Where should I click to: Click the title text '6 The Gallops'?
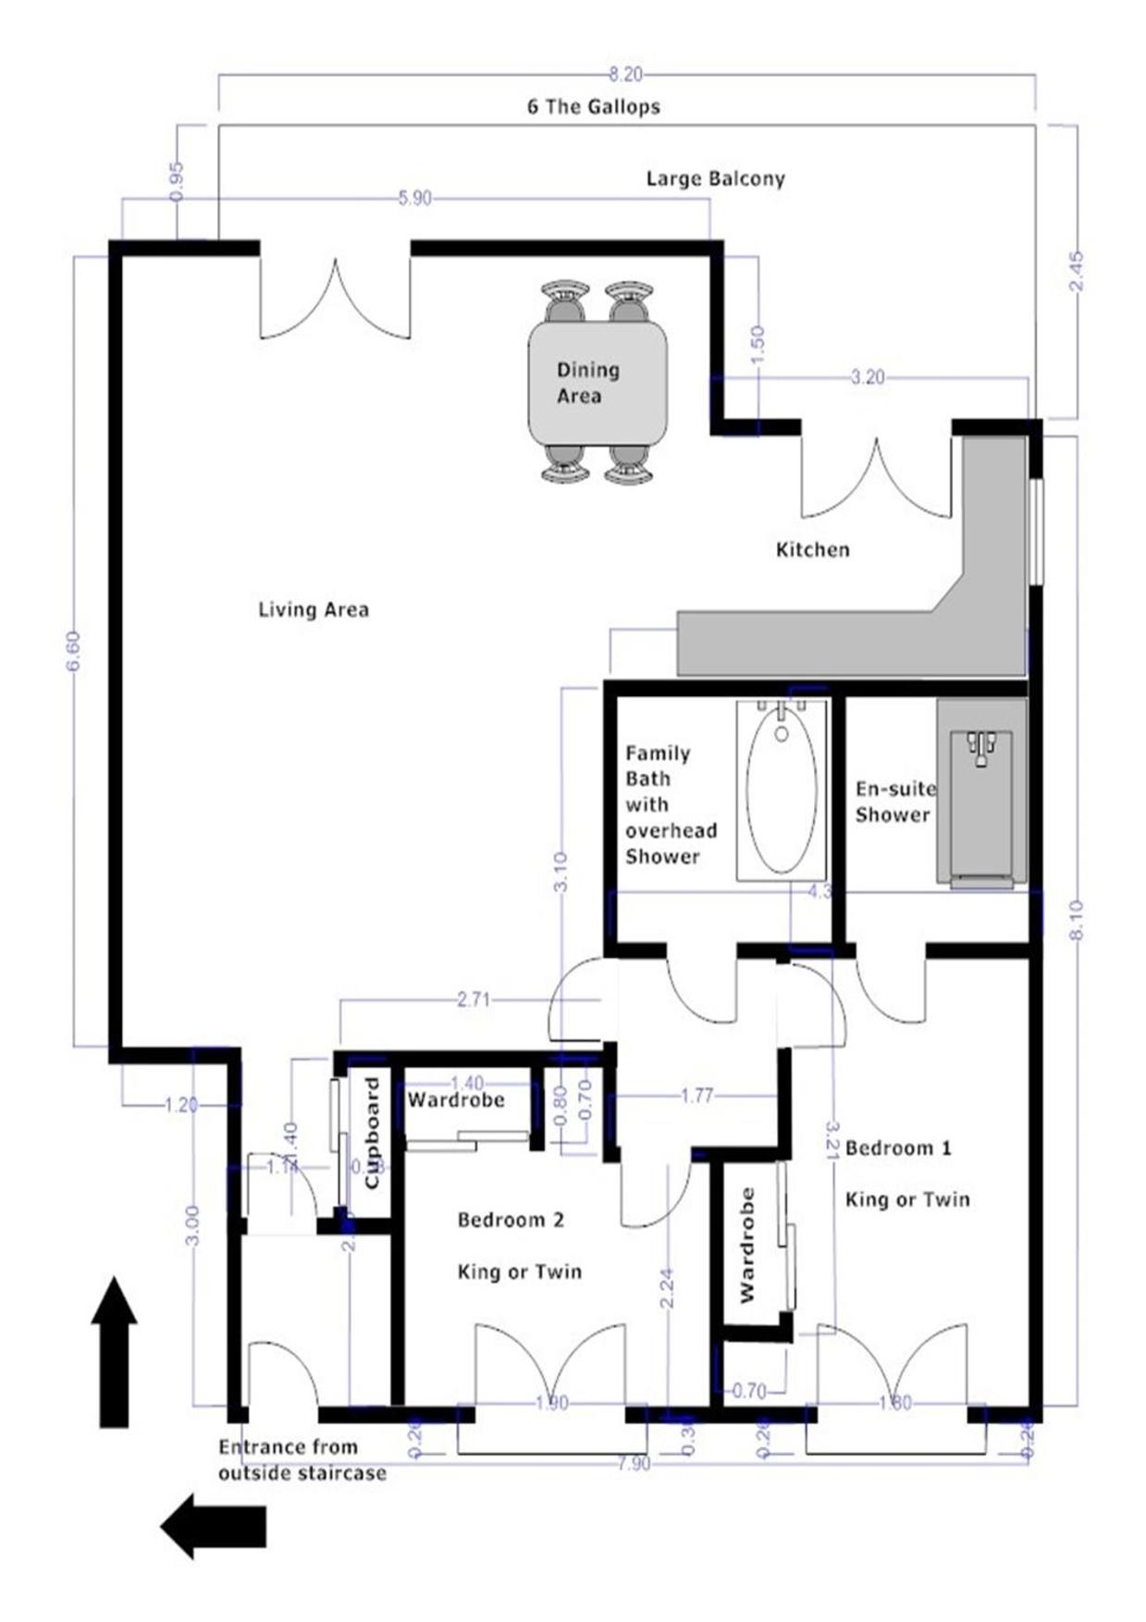coord(593,106)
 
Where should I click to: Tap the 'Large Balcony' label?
coord(715,178)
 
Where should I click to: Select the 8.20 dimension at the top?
coord(625,75)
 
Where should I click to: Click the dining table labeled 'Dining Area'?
coord(597,383)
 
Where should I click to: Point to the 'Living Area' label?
coord(314,609)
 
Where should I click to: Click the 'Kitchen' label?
coord(812,549)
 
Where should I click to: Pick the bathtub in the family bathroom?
coord(782,791)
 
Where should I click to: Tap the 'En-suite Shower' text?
coord(893,802)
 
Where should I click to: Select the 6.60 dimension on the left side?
coord(74,652)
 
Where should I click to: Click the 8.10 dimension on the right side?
coord(1076,920)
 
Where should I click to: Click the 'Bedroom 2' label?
coord(511,1221)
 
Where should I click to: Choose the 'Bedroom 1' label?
coord(897,1149)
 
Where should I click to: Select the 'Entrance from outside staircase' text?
coord(302,1460)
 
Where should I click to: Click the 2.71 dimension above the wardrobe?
coord(474,1000)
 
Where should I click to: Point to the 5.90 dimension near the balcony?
coord(414,199)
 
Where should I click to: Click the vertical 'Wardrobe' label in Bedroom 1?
coord(747,1245)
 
